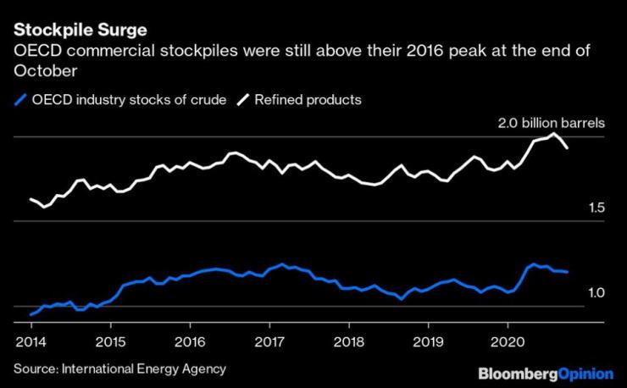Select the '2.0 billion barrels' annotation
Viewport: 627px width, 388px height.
[x=551, y=123]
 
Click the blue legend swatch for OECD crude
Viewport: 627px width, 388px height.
[x=20, y=100]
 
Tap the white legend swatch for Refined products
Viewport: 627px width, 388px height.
[x=243, y=100]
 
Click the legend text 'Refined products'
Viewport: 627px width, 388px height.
[x=309, y=100]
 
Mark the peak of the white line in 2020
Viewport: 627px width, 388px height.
[x=553, y=134]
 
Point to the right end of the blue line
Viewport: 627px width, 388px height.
[x=567, y=272]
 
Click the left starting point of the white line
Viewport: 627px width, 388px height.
[x=31, y=199]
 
